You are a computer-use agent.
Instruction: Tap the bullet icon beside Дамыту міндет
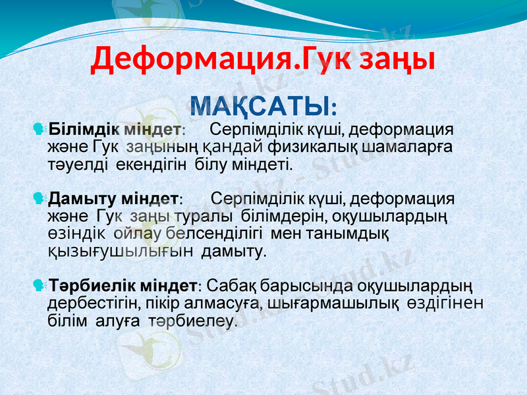(38, 197)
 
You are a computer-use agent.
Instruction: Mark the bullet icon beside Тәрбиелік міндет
(38, 286)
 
